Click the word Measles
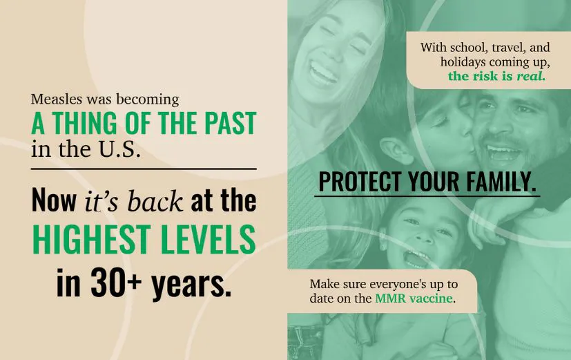click(x=53, y=100)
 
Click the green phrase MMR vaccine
click(x=414, y=299)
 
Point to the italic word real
click(x=531, y=76)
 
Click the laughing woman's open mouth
click(x=322, y=72)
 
